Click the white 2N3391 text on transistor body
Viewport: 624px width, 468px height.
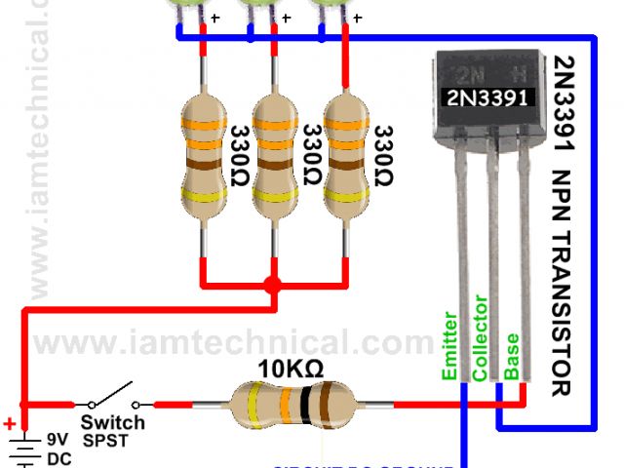pyautogui.click(x=489, y=97)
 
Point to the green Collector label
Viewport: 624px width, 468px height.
pyautogui.click(x=480, y=336)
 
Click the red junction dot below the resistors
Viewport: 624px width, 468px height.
pyautogui.click(x=273, y=287)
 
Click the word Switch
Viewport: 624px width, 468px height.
pyautogui.click(x=112, y=423)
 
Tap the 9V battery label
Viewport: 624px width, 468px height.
pyautogui.click(x=58, y=440)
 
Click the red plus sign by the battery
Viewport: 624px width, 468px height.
pyautogui.click(x=10, y=424)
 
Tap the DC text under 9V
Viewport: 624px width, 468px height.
pyautogui.click(x=58, y=458)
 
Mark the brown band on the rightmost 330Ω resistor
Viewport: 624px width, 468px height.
pyautogui.click(x=346, y=166)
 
